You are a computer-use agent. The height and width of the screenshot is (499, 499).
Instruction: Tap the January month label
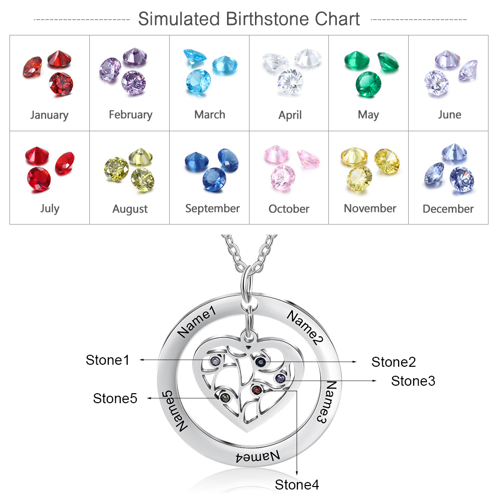click(49, 115)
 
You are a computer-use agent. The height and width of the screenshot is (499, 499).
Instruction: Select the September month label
click(212, 209)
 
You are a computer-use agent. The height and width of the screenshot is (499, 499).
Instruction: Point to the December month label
click(448, 209)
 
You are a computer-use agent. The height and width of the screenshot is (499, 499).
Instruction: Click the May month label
click(368, 115)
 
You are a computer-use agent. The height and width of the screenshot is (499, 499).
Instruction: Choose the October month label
click(288, 209)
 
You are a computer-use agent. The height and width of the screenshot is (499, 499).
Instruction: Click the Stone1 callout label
click(108, 360)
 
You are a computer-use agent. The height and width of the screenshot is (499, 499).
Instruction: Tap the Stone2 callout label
click(394, 362)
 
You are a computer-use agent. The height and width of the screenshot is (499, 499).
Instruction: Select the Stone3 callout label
click(413, 381)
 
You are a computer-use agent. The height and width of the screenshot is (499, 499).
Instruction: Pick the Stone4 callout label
click(296, 485)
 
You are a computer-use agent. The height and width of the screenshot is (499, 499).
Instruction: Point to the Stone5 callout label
click(115, 398)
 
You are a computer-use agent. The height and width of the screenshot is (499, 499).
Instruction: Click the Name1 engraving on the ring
click(197, 321)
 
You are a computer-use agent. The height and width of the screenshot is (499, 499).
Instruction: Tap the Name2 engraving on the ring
click(305, 327)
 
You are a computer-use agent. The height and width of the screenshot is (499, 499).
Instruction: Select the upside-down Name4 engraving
click(258, 457)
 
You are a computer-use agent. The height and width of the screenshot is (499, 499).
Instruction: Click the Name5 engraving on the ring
click(174, 411)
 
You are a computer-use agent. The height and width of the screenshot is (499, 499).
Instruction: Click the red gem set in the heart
click(256, 390)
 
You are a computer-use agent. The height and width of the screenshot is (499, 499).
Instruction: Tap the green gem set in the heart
click(225, 397)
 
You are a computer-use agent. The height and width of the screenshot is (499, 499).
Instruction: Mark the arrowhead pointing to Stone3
click(374, 381)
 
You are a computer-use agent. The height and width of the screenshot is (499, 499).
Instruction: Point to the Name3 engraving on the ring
click(327, 402)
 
